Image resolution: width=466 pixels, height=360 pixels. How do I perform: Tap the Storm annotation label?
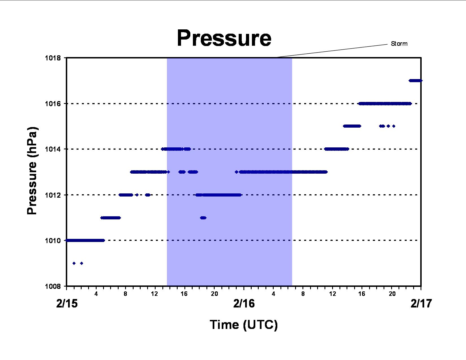[x=399, y=44]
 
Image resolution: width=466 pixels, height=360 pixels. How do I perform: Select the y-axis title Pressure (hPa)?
[x=32, y=171]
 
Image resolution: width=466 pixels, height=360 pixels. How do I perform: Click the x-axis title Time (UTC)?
[x=244, y=325]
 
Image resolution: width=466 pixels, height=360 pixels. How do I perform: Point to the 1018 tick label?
[x=53, y=58]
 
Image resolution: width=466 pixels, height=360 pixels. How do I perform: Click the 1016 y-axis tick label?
[x=53, y=104]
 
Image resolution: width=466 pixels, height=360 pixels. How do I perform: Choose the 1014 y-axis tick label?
[x=53, y=149]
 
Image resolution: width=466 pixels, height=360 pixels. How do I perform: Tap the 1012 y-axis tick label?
[x=53, y=195]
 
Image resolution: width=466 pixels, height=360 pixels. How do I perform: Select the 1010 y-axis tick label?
[x=53, y=241]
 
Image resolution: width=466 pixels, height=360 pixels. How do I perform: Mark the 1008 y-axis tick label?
[x=53, y=286]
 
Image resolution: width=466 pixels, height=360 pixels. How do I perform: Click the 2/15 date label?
[x=67, y=304]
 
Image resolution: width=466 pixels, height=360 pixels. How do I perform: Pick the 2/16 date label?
[x=244, y=304]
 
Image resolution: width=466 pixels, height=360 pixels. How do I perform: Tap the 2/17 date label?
[x=421, y=304]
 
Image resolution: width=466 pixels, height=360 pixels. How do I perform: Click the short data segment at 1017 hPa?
[x=415, y=81]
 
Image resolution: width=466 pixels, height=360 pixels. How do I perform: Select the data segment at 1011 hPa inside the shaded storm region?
[x=203, y=218]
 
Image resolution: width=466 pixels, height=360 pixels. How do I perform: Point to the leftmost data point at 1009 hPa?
[x=74, y=263]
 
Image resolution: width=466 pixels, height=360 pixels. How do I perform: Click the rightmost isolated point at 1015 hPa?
[x=394, y=126]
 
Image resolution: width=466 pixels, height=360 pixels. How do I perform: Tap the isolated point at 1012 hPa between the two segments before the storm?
[x=137, y=195]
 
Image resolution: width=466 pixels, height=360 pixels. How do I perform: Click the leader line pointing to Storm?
[x=332, y=51]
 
